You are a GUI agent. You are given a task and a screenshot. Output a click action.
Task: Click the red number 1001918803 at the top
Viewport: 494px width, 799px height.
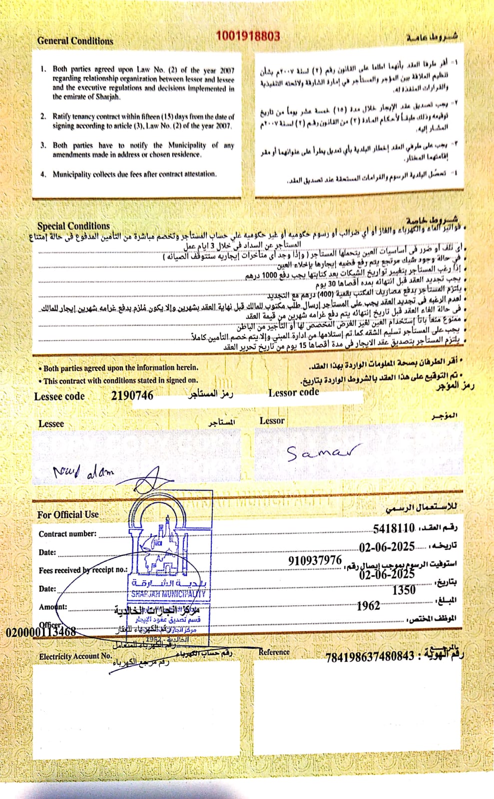click(248, 36)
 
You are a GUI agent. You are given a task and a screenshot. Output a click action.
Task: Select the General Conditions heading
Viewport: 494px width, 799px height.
click(75, 41)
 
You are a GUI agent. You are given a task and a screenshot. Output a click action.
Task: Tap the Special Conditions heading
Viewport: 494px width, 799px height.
click(73, 226)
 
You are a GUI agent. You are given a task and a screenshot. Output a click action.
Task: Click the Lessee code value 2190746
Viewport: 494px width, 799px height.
click(132, 396)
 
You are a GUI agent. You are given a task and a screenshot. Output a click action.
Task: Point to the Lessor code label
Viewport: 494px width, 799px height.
click(294, 393)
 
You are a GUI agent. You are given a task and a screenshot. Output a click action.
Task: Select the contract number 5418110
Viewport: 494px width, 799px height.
click(394, 528)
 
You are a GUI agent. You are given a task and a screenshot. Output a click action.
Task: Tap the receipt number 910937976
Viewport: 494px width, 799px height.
click(315, 561)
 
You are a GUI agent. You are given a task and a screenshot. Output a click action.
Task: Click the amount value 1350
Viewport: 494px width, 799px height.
click(404, 590)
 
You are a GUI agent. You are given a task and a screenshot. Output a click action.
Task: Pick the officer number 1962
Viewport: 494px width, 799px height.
click(368, 606)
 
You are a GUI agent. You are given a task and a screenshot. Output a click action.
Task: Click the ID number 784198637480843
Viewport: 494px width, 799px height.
click(370, 657)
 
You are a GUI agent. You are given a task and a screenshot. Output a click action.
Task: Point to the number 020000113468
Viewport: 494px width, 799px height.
click(41, 632)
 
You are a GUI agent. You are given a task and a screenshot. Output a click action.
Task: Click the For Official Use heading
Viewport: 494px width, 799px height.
click(68, 514)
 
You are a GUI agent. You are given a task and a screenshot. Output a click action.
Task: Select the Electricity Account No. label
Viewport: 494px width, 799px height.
click(75, 656)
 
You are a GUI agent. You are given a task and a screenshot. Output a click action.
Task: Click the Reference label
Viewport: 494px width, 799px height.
click(274, 652)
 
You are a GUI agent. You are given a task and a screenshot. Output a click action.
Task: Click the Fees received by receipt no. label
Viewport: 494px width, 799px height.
click(83, 570)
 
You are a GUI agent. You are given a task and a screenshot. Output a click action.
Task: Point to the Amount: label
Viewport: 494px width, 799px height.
click(53, 607)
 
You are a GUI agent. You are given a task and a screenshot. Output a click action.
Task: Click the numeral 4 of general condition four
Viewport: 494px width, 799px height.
click(43, 174)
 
